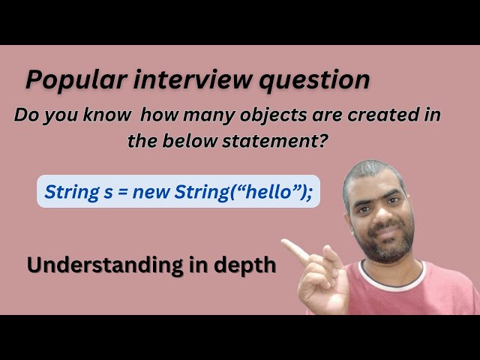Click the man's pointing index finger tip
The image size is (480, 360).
[x=286, y=243]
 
